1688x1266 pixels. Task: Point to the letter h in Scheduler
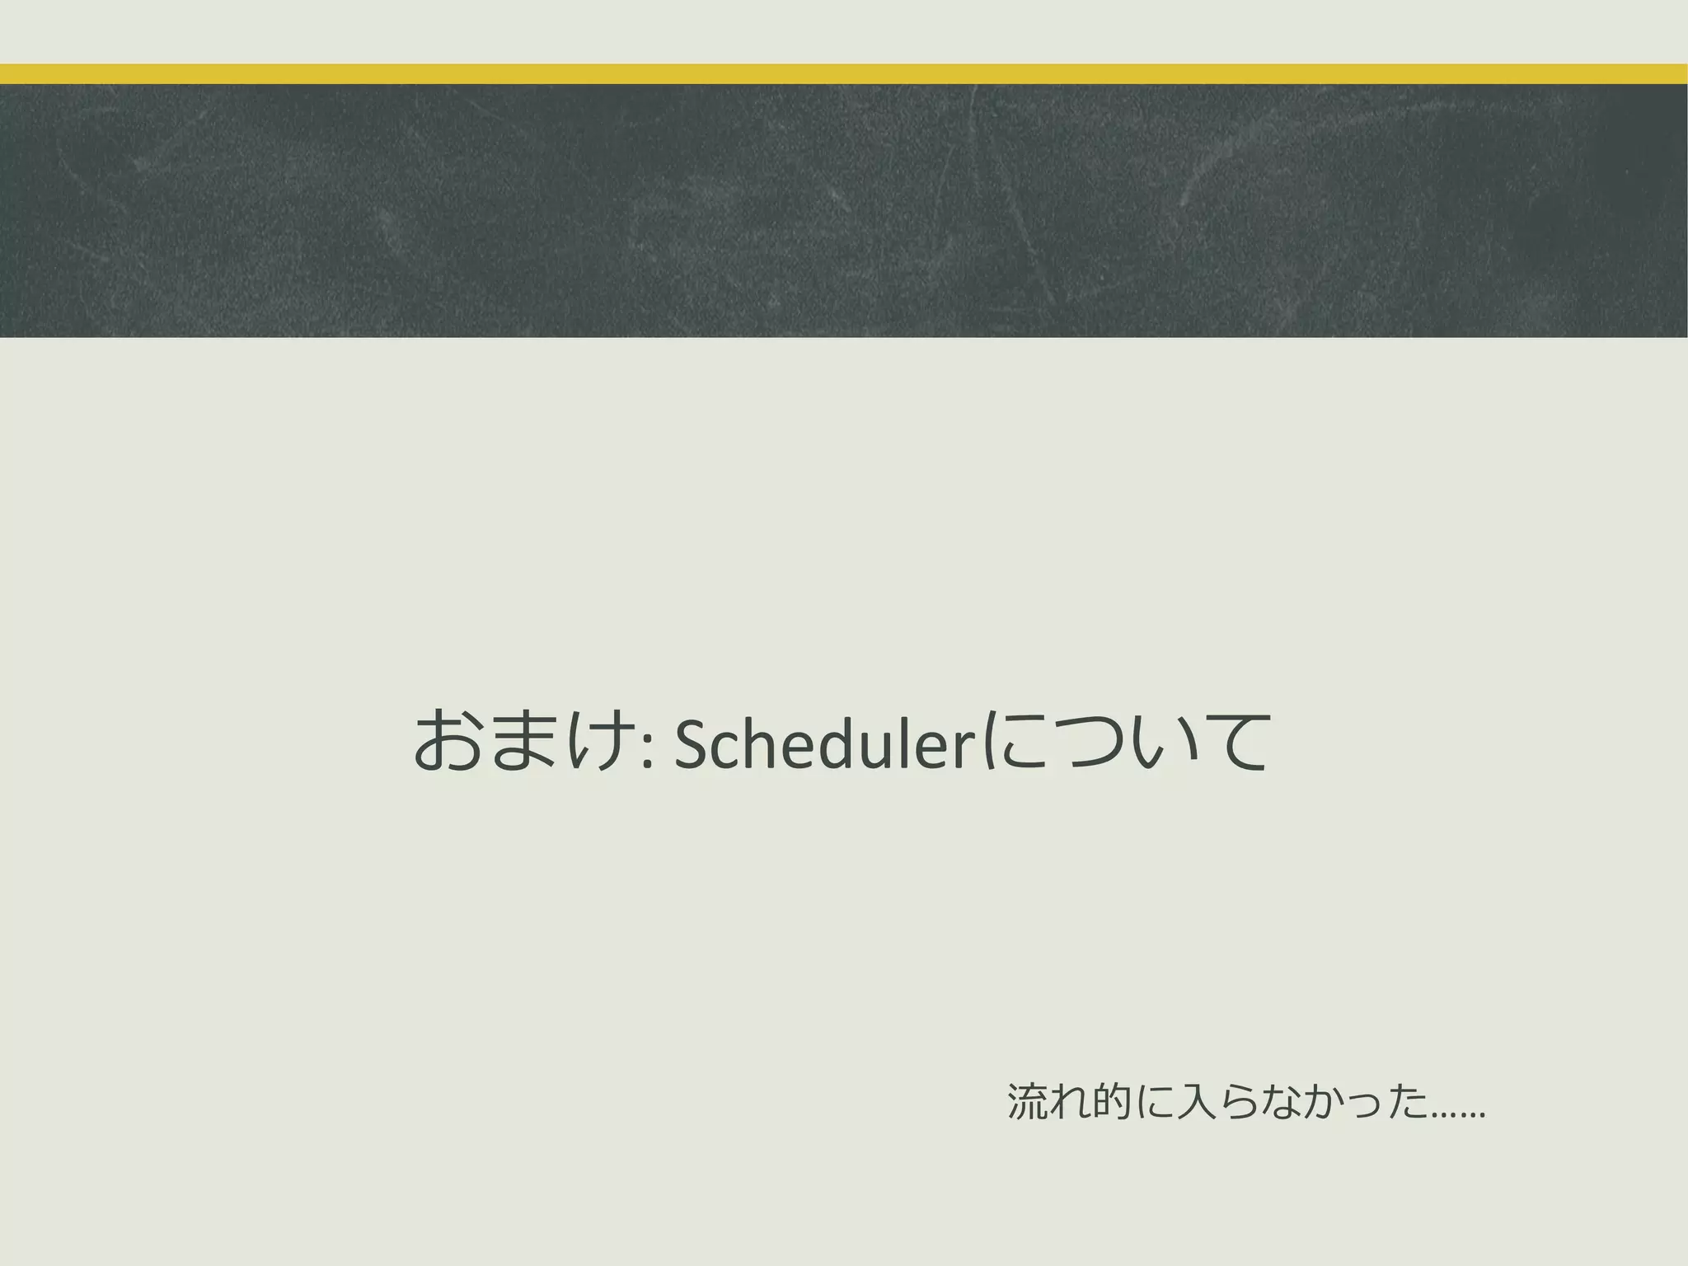click(764, 741)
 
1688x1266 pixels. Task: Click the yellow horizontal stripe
click(844, 74)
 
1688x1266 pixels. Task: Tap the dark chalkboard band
click(844, 211)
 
